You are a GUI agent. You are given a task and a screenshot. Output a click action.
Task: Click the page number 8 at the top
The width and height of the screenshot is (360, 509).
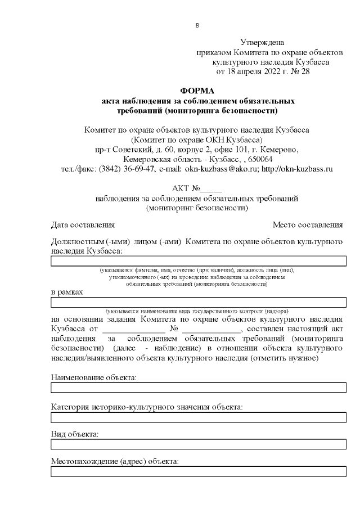point(197,25)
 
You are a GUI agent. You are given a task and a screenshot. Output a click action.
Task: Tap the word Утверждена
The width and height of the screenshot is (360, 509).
point(262,42)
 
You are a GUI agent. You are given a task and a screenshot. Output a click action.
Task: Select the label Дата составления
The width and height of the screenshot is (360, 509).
point(83,225)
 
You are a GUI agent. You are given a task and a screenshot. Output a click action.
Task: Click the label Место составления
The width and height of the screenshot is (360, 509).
point(308,225)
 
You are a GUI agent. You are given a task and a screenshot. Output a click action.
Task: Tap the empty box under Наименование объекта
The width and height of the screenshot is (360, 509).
point(198,387)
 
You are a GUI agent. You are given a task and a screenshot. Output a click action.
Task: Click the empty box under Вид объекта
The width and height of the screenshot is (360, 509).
point(198,444)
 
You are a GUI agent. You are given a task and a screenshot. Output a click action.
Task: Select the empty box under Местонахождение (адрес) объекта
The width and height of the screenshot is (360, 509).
point(198,471)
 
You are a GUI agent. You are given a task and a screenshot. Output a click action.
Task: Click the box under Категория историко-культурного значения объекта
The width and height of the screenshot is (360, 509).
point(198,417)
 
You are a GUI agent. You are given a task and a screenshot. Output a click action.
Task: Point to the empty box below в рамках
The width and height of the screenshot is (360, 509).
point(198,303)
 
